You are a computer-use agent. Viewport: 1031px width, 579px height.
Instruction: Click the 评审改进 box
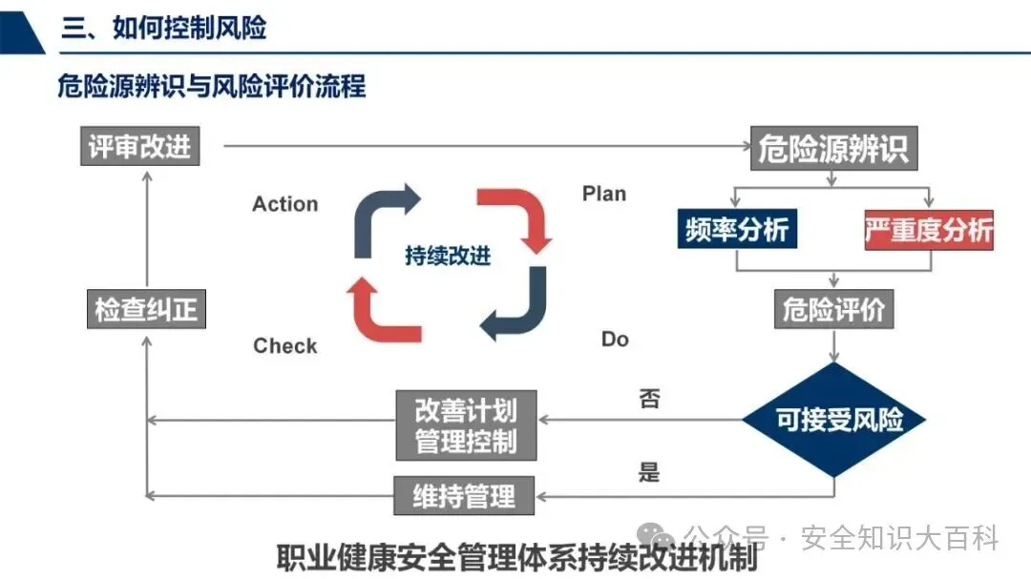(x=139, y=147)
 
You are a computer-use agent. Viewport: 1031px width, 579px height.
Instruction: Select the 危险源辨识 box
(x=833, y=149)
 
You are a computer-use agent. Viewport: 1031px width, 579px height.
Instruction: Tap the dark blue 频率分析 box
(x=737, y=230)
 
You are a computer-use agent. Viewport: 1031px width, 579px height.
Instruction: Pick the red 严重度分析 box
(x=928, y=230)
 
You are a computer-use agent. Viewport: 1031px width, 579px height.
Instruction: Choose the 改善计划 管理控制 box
(x=466, y=425)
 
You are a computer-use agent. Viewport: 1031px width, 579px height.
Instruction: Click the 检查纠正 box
(x=146, y=310)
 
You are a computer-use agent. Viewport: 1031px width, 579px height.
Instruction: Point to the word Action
(x=284, y=204)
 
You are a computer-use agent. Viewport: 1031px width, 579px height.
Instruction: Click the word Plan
(x=604, y=194)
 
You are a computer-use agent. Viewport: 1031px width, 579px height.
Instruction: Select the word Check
(x=284, y=345)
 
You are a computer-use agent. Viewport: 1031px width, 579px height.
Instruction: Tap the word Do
(x=615, y=339)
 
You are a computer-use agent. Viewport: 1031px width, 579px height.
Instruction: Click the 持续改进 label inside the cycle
(x=448, y=256)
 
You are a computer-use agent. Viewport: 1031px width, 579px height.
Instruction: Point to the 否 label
(x=649, y=398)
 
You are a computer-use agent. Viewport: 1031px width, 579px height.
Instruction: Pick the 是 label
(x=649, y=471)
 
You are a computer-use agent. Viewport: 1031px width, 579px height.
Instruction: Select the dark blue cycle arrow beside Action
(x=382, y=215)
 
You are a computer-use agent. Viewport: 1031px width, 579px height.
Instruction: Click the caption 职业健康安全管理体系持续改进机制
(x=516, y=556)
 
